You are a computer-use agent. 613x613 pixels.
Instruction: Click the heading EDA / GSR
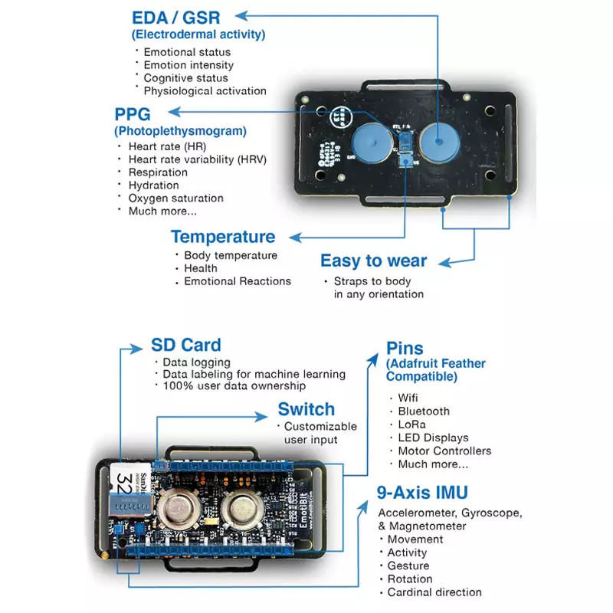coord(175,18)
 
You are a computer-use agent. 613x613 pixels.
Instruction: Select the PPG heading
coord(136,115)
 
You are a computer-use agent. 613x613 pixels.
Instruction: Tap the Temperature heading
coord(223,237)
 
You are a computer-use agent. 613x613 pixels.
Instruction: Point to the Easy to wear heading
coord(374,261)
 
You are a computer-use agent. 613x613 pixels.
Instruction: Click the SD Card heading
coord(186,345)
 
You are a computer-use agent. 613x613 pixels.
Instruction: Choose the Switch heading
coord(306,409)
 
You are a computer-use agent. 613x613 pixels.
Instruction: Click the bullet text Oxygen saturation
coord(176,198)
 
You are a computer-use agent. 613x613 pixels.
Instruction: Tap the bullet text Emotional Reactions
coord(238,281)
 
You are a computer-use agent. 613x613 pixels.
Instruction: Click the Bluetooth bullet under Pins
coord(424,411)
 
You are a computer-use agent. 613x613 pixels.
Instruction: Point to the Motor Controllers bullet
coord(444,451)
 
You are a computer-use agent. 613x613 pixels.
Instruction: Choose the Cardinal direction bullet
coord(434,592)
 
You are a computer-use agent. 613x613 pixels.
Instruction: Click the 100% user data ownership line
coord(234,386)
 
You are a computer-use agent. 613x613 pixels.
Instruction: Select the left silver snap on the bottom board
coord(179,508)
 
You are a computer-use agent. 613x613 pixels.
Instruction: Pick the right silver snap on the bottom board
coord(243,508)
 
